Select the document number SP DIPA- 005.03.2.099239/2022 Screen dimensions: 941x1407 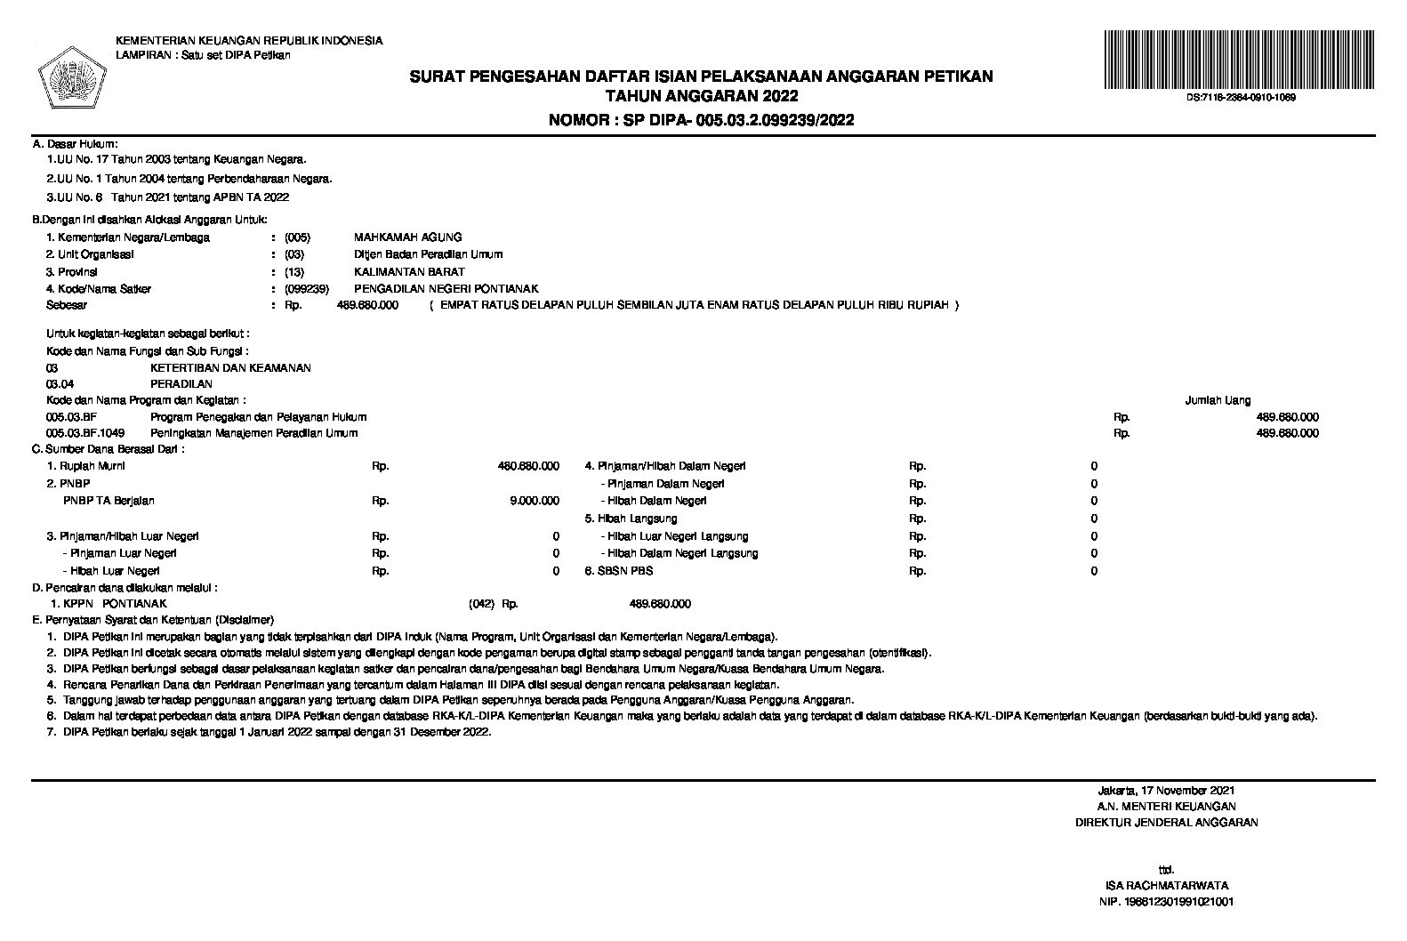point(702,120)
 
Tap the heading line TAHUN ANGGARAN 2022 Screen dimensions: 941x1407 point(701,96)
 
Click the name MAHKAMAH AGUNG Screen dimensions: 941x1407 point(407,237)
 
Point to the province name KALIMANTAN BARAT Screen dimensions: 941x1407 point(409,272)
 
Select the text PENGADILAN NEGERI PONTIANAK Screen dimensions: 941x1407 point(446,289)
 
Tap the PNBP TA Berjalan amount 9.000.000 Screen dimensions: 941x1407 point(534,501)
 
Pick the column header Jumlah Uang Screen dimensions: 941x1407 point(1218,401)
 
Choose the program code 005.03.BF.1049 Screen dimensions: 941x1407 point(85,433)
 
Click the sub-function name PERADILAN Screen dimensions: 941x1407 point(181,384)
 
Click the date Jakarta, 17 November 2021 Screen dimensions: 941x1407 point(1166,790)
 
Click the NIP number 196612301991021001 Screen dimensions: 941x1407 point(1166,902)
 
